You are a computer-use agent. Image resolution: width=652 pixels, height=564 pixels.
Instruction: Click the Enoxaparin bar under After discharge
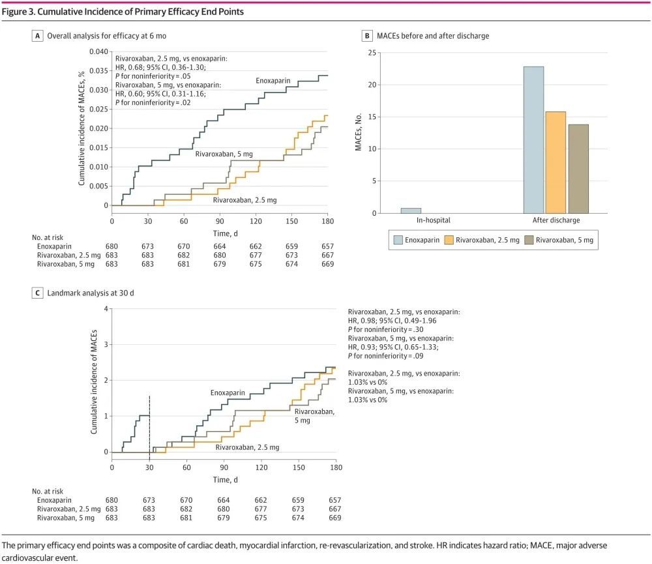(533, 140)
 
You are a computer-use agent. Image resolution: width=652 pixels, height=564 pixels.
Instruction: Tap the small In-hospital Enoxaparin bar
(411, 211)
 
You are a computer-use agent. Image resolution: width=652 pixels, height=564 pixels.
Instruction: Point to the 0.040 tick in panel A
(97, 52)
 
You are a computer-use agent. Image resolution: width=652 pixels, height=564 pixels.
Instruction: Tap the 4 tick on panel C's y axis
(105, 308)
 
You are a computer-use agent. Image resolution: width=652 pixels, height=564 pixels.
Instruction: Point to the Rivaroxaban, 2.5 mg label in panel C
(247, 447)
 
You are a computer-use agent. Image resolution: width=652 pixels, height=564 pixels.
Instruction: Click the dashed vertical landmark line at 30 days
(150, 424)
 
